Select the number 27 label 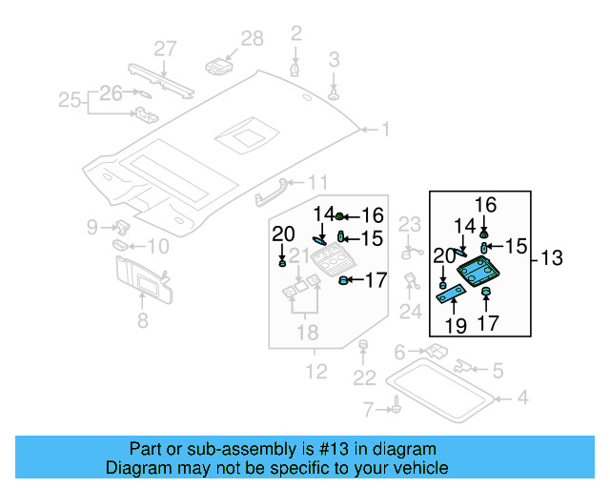click(x=166, y=49)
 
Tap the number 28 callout click(x=252, y=38)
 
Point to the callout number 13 click(x=552, y=258)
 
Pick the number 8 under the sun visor click(x=142, y=321)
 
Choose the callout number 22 click(x=364, y=377)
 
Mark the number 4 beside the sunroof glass click(x=520, y=396)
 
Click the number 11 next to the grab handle click(x=317, y=182)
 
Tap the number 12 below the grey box click(x=315, y=370)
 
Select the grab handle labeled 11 click(x=272, y=193)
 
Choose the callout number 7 click(x=368, y=410)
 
